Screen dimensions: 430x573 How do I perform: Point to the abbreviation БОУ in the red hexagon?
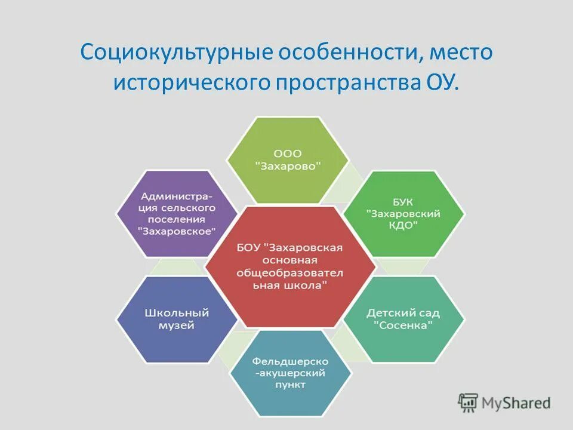pyautogui.click(x=248, y=247)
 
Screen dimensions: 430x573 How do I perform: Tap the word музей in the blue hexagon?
pyautogui.click(x=177, y=326)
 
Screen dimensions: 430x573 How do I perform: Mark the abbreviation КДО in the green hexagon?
pyautogui.click(x=403, y=225)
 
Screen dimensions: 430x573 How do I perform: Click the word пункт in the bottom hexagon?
pyautogui.click(x=291, y=385)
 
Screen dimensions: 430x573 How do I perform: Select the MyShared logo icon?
pyautogui.click(x=469, y=403)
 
